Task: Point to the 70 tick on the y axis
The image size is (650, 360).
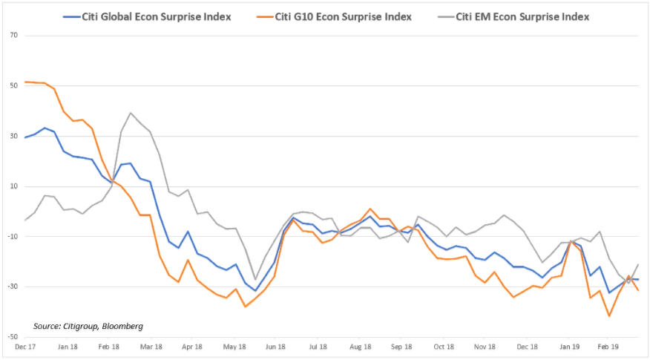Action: click(14, 36)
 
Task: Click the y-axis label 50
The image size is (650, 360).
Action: click(14, 86)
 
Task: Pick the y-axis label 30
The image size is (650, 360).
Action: click(14, 137)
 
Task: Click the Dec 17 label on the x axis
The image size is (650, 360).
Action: click(25, 346)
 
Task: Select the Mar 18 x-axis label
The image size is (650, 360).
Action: click(151, 346)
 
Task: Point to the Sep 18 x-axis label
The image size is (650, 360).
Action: click(401, 346)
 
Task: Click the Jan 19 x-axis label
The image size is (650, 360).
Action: click(570, 346)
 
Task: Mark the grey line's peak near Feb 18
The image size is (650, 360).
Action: click(131, 114)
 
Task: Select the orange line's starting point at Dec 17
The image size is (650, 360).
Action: click(25, 82)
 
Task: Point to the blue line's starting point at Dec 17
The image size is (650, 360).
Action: click(25, 137)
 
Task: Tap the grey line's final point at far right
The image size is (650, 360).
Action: click(638, 264)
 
